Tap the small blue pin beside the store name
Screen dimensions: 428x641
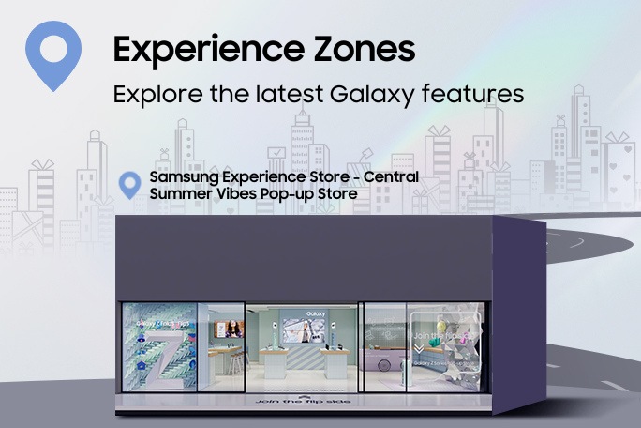(x=131, y=184)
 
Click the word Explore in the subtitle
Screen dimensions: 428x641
(x=150, y=95)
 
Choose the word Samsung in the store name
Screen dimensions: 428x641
(x=179, y=178)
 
